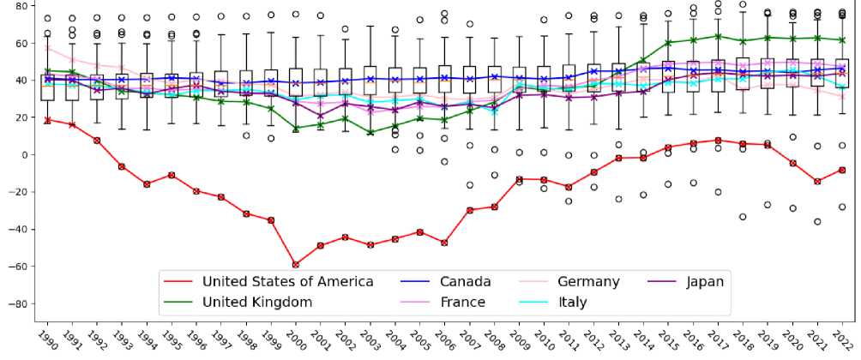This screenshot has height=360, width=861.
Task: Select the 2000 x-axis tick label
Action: pyautogui.click(x=297, y=339)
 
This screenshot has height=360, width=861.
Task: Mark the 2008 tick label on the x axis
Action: pyautogui.click(x=495, y=339)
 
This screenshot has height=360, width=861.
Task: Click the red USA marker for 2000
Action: pyautogui.click(x=296, y=265)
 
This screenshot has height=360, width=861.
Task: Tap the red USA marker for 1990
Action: pyautogui.click(x=48, y=120)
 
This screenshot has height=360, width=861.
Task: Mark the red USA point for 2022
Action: pyautogui.click(x=842, y=170)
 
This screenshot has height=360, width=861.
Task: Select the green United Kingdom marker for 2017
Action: pyautogui.click(x=718, y=36)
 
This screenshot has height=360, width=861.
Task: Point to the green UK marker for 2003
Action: pyautogui.click(x=370, y=132)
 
